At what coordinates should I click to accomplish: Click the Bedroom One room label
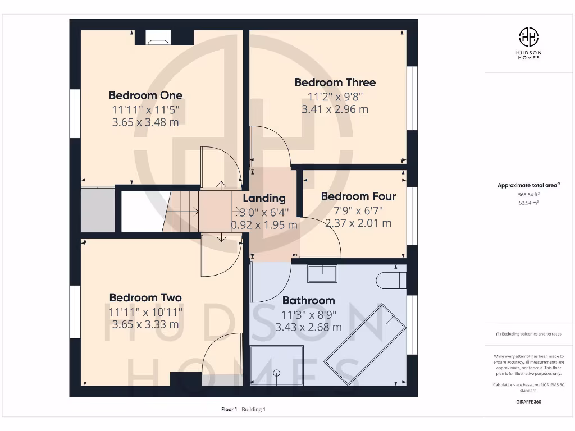[145, 95]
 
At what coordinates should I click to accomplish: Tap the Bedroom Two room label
[145, 297]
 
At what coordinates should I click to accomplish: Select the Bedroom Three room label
[335, 82]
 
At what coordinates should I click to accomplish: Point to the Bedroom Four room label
[358, 196]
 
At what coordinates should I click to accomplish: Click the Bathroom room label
[308, 300]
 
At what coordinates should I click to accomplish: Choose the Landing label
[264, 198]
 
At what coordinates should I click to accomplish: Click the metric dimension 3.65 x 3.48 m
[145, 122]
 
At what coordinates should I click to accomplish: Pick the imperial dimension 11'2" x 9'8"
[335, 96]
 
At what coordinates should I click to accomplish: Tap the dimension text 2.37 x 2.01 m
[358, 223]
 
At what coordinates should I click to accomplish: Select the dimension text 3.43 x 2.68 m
[308, 327]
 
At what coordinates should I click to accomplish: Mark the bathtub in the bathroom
[366, 336]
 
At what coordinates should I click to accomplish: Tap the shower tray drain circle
[276, 373]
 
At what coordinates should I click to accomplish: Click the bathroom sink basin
[322, 273]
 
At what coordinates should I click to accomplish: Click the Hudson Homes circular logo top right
[528, 37]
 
